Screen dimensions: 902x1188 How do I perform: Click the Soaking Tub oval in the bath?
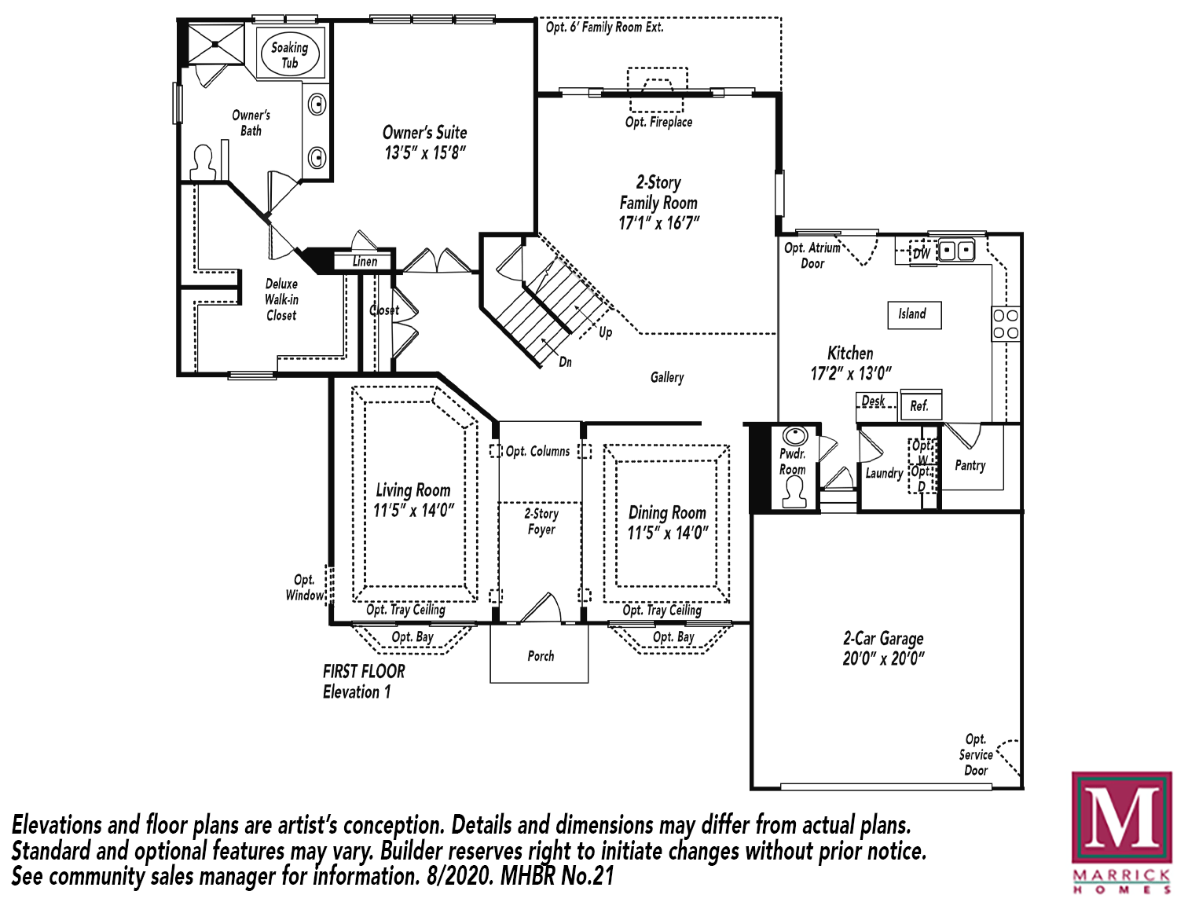pyautogui.click(x=290, y=53)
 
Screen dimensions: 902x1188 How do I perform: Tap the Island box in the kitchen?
pyautogui.click(x=914, y=314)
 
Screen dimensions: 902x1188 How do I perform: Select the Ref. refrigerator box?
pyautogui.click(x=920, y=405)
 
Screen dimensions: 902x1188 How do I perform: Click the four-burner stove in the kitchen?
pyautogui.click(x=1006, y=324)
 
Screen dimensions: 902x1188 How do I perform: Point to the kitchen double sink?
pyautogui.click(x=956, y=251)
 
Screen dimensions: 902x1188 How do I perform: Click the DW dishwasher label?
pyautogui.click(x=922, y=253)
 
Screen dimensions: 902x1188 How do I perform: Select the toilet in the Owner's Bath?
pyautogui.click(x=203, y=163)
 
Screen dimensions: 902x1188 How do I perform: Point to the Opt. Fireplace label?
pyautogui.click(x=658, y=122)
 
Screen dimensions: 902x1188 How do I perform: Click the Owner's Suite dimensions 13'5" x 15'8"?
pyautogui.click(x=425, y=152)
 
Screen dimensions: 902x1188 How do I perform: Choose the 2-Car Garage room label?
pyautogui.click(x=883, y=639)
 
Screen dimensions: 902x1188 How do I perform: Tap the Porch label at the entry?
pyautogui.click(x=541, y=655)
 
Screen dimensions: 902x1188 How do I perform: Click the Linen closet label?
pyautogui.click(x=365, y=261)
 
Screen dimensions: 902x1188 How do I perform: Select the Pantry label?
pyautogui.click(x=970, y=465)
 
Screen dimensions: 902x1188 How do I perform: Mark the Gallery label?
pyautogui.click(x=667, y=377)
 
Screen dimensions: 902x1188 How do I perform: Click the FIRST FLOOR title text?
pyautogui.click(x=364, y=671)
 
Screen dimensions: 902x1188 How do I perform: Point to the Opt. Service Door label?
pyautogui.click(x=976, y=754)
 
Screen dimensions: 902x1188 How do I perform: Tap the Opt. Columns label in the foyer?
pyautogui.click(x=538, y=451)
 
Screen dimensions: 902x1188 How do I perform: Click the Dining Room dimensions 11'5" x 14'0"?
pyautogui.click(x=667, y=533)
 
